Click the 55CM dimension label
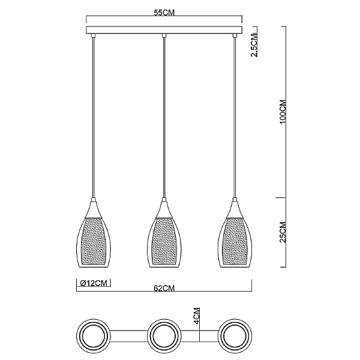(x=164, y=13)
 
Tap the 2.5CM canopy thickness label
(x=254, y=44)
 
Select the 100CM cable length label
(x=283, y=112)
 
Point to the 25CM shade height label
(x=283, y=232)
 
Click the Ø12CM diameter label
(x=94, y=283)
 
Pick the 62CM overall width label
(x=164, y=288)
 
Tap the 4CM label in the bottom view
(x=197, y=316)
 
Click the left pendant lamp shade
(x=93, y=235)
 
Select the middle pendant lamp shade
(x=164, y=235)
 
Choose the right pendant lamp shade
(x=235, y=235)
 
